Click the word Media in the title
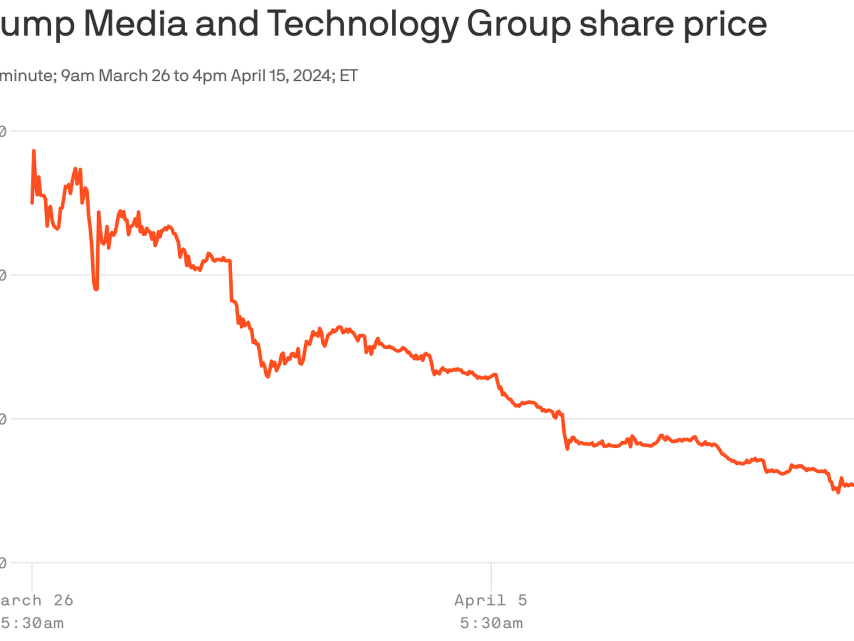tap(135, 24)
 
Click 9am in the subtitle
tap(77, 76)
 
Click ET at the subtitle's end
tap(349, 76)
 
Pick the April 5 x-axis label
tap(491, 600)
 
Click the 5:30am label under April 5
tap(491, 623)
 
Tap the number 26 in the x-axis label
tap(63, 600)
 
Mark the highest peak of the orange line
tap(34, 151)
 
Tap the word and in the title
tap(227, 24)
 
